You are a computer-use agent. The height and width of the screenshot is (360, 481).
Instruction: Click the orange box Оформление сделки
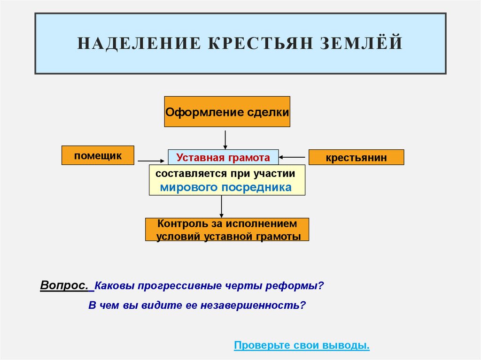[x=227, y=112]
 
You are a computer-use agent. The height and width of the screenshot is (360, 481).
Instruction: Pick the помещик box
[x=98, y=155]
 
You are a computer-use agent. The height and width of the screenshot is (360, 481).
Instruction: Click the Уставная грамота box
[x=223, y=157]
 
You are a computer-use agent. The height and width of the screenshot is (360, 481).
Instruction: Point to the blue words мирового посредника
[x=226, y=187]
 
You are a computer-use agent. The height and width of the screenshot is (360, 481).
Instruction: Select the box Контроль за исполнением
[x=227, y=230]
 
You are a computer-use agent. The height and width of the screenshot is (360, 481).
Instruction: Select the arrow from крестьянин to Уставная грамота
[x=293, y=157]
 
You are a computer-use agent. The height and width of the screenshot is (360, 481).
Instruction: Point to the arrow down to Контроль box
[x=222, y=207]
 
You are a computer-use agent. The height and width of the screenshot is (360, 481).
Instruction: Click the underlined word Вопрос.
[x=64, y=285]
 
